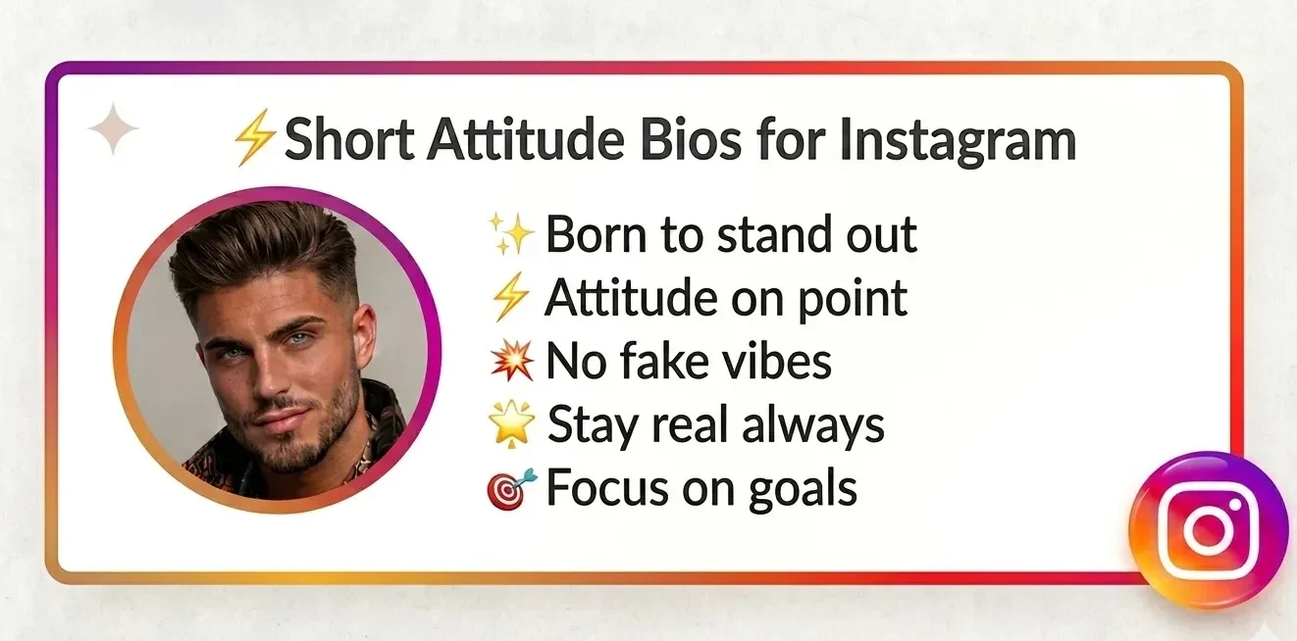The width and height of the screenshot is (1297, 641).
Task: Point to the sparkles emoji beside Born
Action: pyautogui.click(x=510, y=235)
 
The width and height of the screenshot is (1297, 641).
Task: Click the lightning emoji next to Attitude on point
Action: pyautogui.click(x=510, y=298)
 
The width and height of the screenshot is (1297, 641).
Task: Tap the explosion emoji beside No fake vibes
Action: pyautogui.click(x=511, y=362)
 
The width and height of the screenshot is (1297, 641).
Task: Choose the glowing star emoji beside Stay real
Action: pyautogui.click(x=511, y=424)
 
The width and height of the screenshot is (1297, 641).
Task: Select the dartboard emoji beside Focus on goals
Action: pyautogui.click(x=511, y=488)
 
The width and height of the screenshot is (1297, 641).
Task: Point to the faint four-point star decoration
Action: pyautogui.click(x=114, y=129)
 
